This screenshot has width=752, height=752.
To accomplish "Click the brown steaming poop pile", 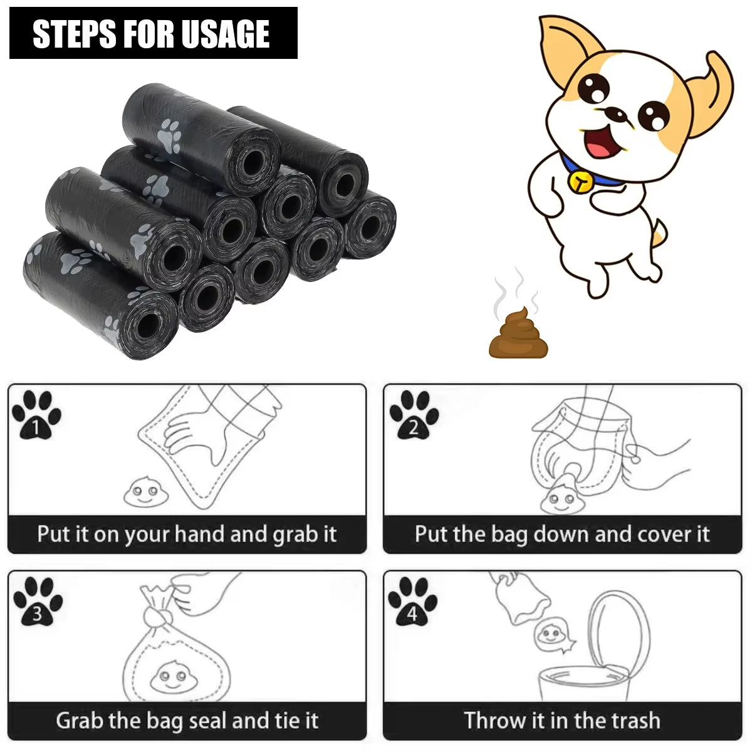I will coord(518,335).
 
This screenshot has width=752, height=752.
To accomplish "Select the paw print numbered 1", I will coord(36,415).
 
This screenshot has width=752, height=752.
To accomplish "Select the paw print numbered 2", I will coord(414,415).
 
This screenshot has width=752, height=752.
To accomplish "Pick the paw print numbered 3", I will coord(38,602).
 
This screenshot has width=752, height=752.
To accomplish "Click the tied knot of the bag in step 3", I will coord(157,614).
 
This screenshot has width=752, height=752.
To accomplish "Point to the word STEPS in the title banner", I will coord(75,34).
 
